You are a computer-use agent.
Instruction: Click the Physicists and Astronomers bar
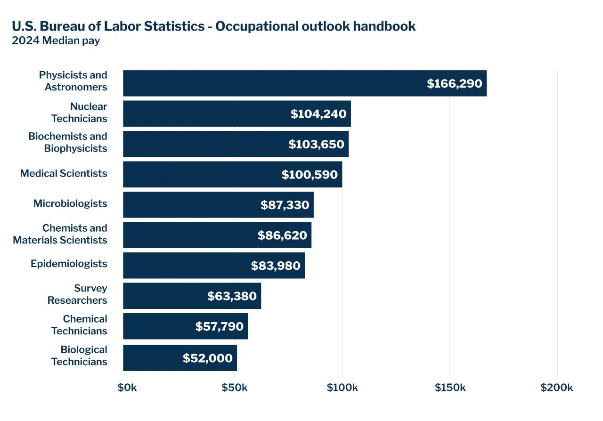click(x=273, y=83)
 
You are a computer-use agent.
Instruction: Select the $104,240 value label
click(x=318, y=114)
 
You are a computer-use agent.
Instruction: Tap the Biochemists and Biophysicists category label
click(x=68, y=142)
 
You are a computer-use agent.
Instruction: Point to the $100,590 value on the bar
click(x=310, y=175)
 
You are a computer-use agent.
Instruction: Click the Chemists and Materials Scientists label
click(x=60, y=234)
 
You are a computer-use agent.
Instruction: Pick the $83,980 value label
click(x=276, y=266)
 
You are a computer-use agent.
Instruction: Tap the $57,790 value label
click(x=220, y=326)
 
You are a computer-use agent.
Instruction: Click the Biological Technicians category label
click(x=79, y=356)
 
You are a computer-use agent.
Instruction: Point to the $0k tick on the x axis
click(x=127, y=388)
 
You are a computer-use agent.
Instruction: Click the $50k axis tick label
click(x=235, y=388)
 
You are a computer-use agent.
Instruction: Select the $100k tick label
click(x=342, y=388)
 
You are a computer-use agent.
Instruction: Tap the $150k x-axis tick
click(x=450, y=388)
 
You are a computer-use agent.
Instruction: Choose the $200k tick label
click(x=557, y=388)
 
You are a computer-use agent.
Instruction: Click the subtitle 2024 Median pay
click(x=56, y=40)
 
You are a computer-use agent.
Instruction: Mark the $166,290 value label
click(x=455, y=84)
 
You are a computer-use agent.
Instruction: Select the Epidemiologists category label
click(x=69, y=264)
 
